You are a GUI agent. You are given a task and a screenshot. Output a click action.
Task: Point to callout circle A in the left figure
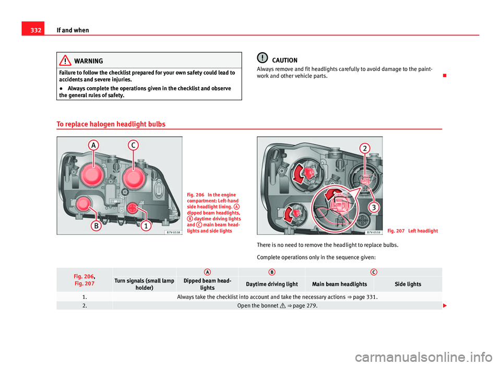(x=94, y=146)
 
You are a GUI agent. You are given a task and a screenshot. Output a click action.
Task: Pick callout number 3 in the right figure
(x=373, y=207)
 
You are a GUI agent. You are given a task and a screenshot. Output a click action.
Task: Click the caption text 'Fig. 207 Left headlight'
(x=412, y=231)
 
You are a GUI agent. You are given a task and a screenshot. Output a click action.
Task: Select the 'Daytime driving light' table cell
(x=271, y=284)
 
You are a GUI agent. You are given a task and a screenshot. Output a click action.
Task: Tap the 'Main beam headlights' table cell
(x=339, y=284)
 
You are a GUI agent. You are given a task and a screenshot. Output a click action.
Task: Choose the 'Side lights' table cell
(x=408, y=284)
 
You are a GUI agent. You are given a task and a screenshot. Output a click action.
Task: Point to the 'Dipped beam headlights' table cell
(x=207, y=284)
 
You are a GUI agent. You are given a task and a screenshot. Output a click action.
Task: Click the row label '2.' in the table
(x=85, y=306)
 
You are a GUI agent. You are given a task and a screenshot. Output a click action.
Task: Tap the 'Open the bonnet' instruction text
(x=257, y=306)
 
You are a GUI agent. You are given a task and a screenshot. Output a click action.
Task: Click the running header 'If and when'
(x=73, y=30)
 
